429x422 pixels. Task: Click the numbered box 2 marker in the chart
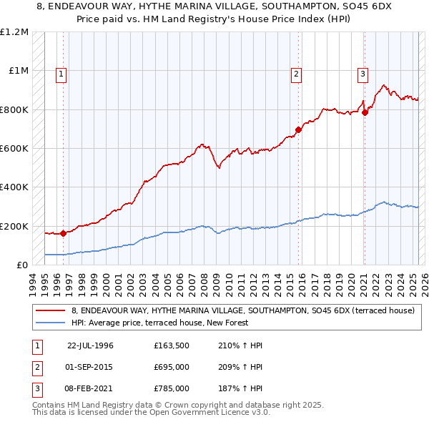pos(296,73)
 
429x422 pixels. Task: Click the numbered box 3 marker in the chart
pos(363,73)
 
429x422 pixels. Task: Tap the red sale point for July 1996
pos(63,232)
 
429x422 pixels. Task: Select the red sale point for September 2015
pos(298,129)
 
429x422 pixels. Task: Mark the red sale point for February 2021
pos(365,112)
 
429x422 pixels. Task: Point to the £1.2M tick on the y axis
pos(14,32)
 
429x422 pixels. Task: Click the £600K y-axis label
pos(14,149)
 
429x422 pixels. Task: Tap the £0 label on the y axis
pos(21,265)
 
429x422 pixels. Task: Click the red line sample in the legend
pos(51,310)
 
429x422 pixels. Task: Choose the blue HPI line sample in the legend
pos(51,323)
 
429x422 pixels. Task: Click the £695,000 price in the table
pos(172,367)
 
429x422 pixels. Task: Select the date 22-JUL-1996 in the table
pos(90,345)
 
